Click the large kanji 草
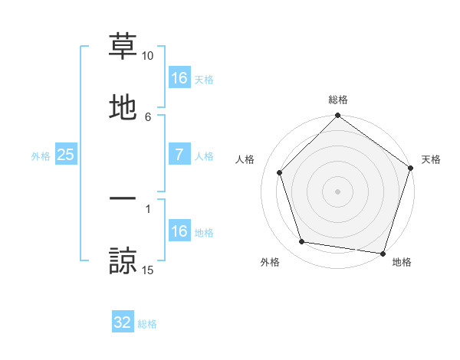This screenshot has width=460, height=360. (123, 47)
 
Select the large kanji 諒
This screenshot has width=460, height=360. (123, 261)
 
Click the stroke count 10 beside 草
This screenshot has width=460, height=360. (148, 56)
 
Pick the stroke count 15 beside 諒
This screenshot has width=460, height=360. (148, 270)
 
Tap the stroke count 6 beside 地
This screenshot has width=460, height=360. (148, 116)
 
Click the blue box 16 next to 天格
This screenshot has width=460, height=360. (179, 78)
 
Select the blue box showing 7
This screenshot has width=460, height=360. (179, 155)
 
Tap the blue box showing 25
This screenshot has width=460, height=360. (66, 155)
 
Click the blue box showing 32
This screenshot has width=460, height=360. (123, 322)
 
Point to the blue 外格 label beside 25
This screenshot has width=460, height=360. (41, 156)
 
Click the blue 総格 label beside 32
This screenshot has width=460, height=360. (147, 324)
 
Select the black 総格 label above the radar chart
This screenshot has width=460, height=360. (338, 100)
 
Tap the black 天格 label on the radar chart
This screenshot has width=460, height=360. (431, 159)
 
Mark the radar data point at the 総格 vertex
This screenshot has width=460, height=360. (338, 116)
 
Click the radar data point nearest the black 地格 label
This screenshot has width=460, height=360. (383, 253)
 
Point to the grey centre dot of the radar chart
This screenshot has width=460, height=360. (338, 191)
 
